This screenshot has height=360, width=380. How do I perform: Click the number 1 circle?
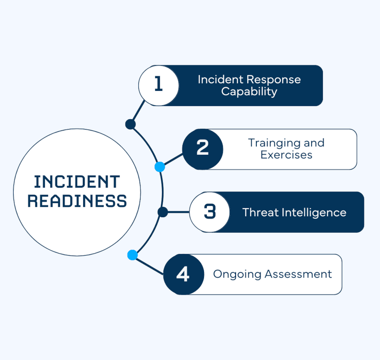point(158,85)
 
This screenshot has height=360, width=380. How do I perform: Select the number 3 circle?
point(209,212)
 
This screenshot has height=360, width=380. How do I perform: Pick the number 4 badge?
point(183,274)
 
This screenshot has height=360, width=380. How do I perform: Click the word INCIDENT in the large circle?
point(77,182)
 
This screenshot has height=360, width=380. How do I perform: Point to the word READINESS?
point(77,201)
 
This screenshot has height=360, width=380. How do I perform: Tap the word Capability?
point(249,91)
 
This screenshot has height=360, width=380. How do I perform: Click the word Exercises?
point(286,154)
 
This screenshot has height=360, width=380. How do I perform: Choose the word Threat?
point(260,212)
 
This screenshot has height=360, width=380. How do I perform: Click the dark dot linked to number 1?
point(130,124)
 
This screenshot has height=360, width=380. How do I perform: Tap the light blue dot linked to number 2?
point(160,167)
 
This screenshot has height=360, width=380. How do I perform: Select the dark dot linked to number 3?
point(162,212)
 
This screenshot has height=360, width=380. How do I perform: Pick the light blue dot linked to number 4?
point(132,255)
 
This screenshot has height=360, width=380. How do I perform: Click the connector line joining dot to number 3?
point(178,212)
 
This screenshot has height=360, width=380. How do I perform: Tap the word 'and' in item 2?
point(314,143)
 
